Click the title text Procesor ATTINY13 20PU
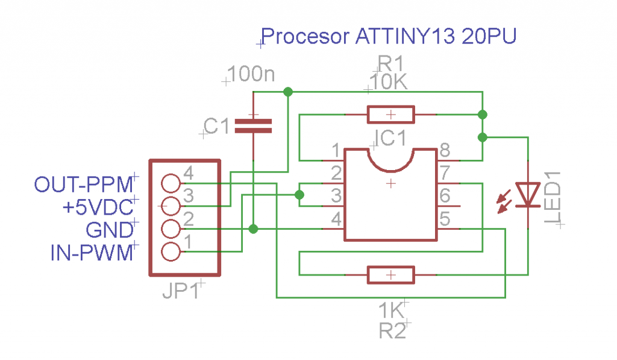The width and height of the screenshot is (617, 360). click(389, 37)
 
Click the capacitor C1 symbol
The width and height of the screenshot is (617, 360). click(253, 125)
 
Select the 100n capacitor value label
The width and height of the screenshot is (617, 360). click(252, 75)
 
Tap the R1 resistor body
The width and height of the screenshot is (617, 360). click(390, 114)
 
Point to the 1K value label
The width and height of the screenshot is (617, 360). click(390, 311)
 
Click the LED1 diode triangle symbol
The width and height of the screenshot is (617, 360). click(529, 194)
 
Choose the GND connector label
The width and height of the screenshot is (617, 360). click(109, 230)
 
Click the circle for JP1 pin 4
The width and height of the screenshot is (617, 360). click(172, 183)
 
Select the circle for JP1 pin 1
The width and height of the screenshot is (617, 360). click(172, 251)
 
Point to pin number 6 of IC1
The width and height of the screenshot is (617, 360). click(445, 196)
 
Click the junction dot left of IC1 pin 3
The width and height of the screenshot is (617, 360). click(299, 195)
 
